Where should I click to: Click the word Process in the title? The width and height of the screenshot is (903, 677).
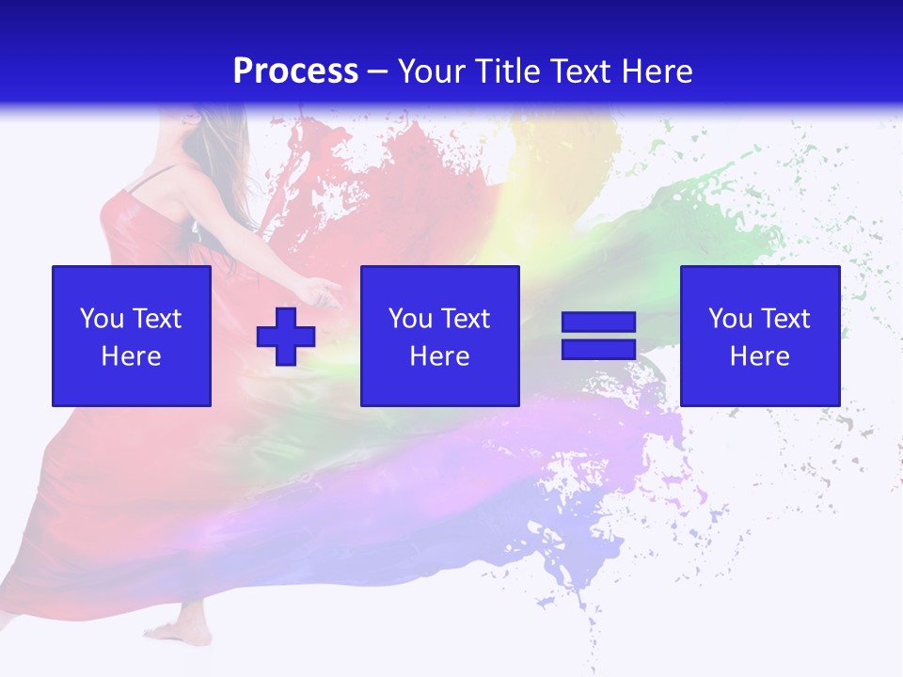tap(295, 71)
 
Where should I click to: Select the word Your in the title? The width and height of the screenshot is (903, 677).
tap(435, 71)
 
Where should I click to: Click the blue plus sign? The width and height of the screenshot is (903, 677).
tap(286, 337)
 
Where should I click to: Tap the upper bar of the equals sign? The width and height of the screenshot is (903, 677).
tap(598, 323)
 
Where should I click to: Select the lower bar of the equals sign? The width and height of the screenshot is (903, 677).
tap(598, 350)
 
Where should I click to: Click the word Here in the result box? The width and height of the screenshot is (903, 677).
tap(760, 356)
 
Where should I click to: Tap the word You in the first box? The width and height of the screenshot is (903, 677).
tap(101, 319)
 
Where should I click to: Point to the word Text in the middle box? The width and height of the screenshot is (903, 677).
tap(466, 319)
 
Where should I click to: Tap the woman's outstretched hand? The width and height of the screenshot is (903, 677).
tap(325, 291)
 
